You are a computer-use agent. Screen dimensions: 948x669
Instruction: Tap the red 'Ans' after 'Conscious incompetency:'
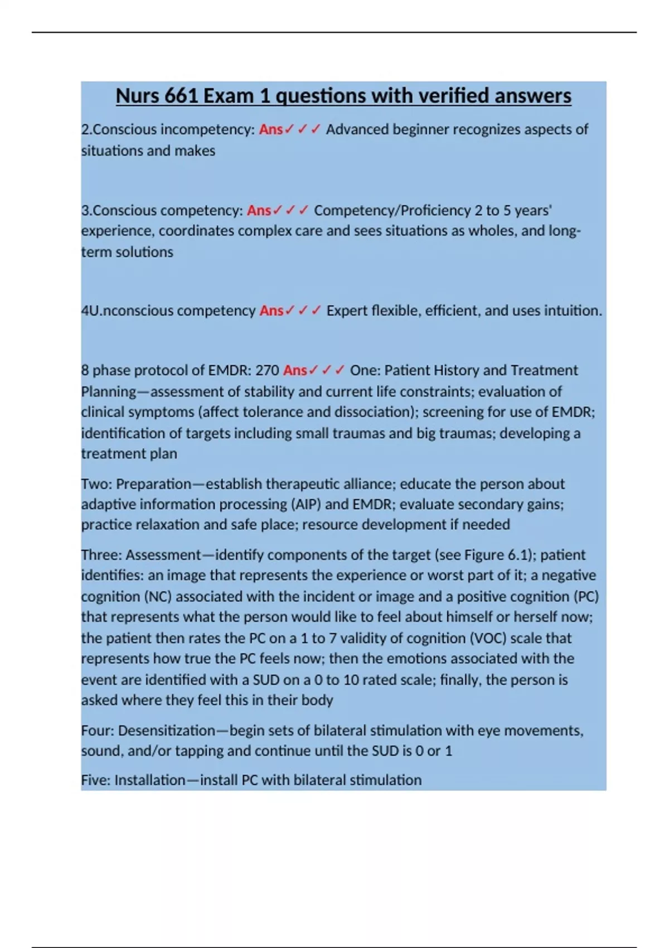[x=271, y=129]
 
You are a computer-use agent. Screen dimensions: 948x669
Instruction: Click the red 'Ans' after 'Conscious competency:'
[x=259, y=210]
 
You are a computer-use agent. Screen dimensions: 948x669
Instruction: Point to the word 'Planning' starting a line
[x=109, y=391]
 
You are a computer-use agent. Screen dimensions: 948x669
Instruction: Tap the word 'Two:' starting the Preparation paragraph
[x=96, y=483]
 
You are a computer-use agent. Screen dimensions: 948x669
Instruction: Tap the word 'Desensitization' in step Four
[x=167, y=731]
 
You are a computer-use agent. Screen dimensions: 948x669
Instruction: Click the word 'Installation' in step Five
[x=150, y=780]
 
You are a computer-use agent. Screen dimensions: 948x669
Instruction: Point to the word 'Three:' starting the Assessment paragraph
[x=101, y=555]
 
